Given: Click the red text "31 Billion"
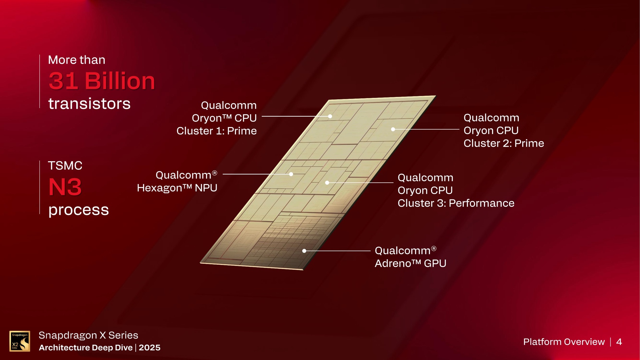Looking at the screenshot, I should pyautogui.click(x=102, y=81).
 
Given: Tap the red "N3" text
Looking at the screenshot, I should pyautogui.click(x=65, y=187).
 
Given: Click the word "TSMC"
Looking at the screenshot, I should pyautogui.click(x=65, y=166).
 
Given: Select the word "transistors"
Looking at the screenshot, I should pyautogui.click(x=89, y=104).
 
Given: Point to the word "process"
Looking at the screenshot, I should pyautogui.click(x=78, y=210).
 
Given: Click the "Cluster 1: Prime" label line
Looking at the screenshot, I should pyautogui.click(x=216, y=131).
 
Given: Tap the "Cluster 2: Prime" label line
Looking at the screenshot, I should pyautogui.click(x=503, y=143).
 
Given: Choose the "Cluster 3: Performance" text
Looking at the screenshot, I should pyautogui.click(x=456, y=203).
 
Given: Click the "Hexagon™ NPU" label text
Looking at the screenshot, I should pyautogui.click(x=177, y=188).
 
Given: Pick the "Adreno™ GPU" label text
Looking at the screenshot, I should pyautogui.click(x=410, y=264).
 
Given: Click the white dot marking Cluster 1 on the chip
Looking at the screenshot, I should pyautogui.click(x=330, y=116).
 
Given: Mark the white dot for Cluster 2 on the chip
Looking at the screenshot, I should pyautogui.click(x=393, y=129).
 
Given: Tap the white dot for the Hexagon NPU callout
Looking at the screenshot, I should pyautogui.click(x=291, y=174).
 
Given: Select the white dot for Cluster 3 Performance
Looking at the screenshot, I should pyautogui.click(x=327, y=183).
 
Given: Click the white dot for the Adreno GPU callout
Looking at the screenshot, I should pyautogui.click(x=304, y=251).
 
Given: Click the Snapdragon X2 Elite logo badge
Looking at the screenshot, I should pyautogui.click(x=20, y=341).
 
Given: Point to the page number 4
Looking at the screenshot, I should pyautogui.click(x=619, y=342).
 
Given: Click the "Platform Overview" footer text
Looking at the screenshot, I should pyautogui.click(x=564, y=342).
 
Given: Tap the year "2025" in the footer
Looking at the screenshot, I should pyautogui.click(x=150, y=348).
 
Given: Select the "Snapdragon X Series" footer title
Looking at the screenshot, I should pyautogui.click(x=88, y=335).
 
